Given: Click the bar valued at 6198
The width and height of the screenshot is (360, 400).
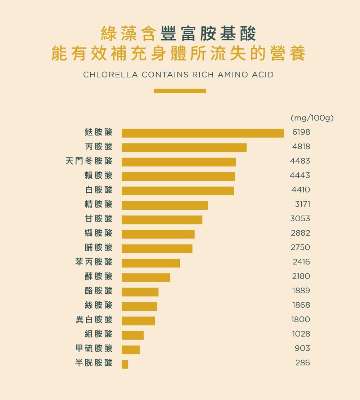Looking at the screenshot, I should [202, 133].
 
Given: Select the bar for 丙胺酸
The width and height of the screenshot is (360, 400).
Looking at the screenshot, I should [184, 147].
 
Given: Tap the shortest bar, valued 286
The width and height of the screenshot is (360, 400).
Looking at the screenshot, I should [125, 364].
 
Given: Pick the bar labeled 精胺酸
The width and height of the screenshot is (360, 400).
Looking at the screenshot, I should [165, 205].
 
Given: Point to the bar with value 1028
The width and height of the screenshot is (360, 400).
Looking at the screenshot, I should [132, 335].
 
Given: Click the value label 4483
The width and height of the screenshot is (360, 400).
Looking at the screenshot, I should [300, 161].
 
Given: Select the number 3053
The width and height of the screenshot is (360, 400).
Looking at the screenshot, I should [300, 219].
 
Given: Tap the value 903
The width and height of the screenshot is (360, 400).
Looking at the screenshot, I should [302, 348].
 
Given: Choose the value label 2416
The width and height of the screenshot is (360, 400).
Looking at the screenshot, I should [301, 262].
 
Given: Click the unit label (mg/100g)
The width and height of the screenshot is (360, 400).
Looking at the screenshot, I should [312, 118].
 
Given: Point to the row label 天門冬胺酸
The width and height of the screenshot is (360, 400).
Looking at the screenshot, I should [89, 161].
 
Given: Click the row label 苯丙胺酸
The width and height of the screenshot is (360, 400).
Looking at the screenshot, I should [94, 262].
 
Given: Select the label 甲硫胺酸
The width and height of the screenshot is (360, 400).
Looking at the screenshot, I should [94, 348].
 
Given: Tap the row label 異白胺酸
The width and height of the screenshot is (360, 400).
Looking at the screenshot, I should [94, 320].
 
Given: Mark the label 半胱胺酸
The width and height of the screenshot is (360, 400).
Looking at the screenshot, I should [94, 363].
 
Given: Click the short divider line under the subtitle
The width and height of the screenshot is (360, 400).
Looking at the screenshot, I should [180, 91].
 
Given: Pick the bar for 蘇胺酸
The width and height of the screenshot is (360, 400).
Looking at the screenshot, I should [145, 277].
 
